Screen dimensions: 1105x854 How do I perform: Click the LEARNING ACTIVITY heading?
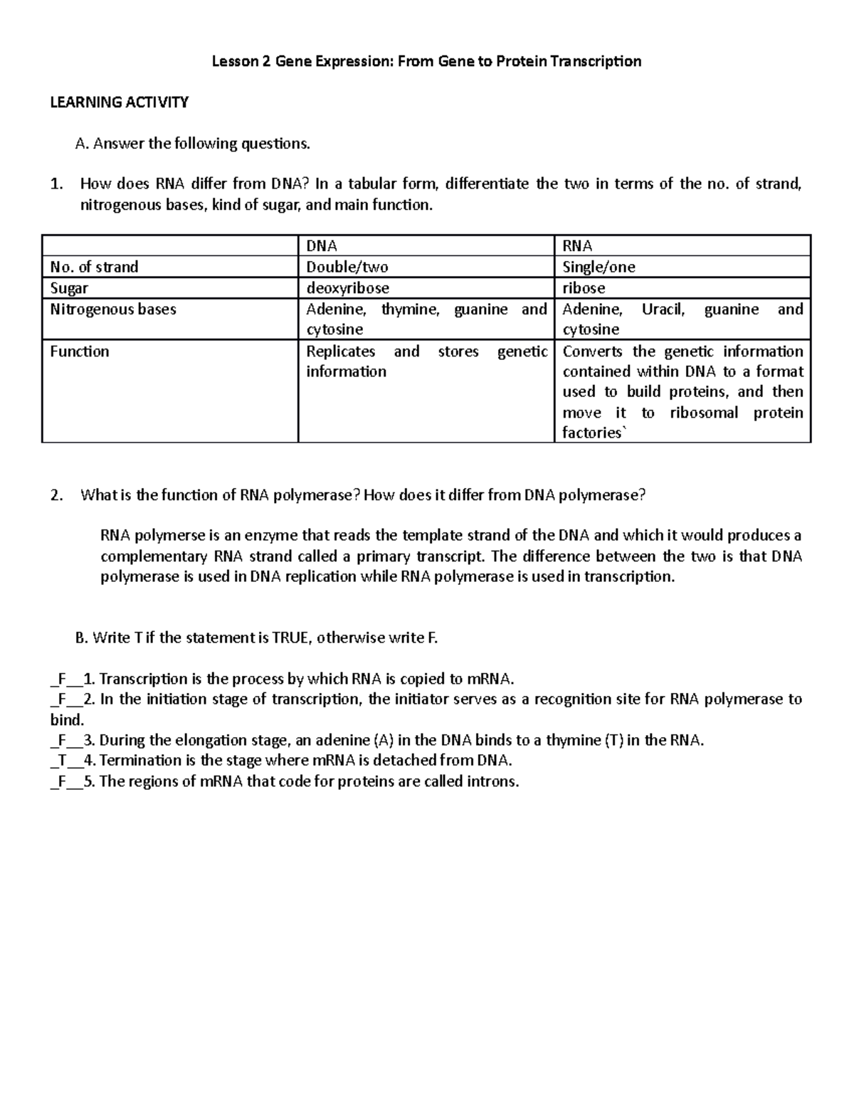(x=119, y=102)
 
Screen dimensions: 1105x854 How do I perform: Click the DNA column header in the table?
(x=321, y=246)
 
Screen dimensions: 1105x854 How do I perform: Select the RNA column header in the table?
(x=577, y=246)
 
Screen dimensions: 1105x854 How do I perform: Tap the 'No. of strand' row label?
(x=94, y=267)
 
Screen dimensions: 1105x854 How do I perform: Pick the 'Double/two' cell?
(x=347, y=267)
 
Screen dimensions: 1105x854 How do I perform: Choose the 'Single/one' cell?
(x=599, y=267)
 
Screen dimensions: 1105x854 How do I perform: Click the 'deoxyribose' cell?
(x=347, y=288)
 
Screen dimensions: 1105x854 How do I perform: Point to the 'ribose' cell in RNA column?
(x=584, y=288)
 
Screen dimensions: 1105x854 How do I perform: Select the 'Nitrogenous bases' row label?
(x=113, y=310)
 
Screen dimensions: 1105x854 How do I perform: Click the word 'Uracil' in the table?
(x=663, y=310)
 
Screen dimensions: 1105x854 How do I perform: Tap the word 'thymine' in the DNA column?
(x=410, y=310)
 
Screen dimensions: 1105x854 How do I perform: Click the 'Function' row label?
(x=80, y=351)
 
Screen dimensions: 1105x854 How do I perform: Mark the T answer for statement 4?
(x=62, y=761)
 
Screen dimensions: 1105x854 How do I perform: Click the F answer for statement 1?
(x=62, y=679)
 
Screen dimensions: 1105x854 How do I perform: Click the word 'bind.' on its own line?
(x=67, y=719)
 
